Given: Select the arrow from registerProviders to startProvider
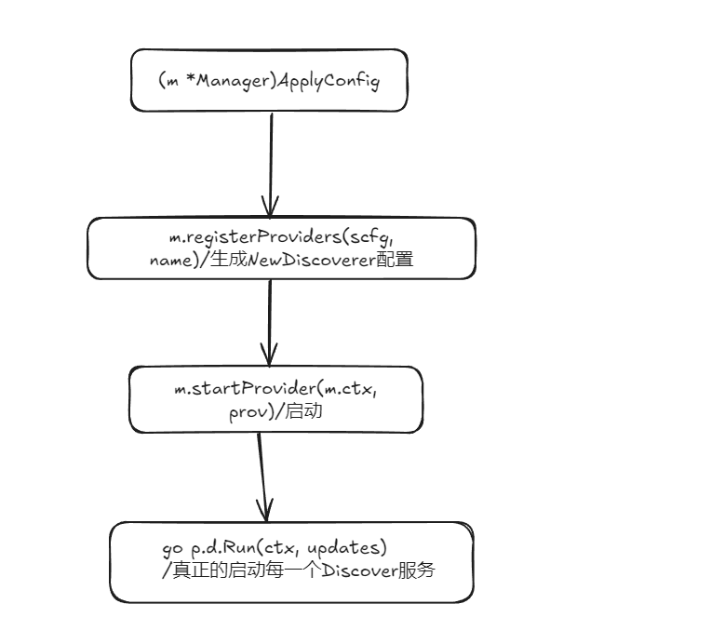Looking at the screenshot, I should tap(270, 322).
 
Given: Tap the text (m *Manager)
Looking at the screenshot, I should tap(215, 81).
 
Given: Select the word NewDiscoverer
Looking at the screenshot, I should tap(320, 262).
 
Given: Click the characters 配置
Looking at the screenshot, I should tap(395, 262).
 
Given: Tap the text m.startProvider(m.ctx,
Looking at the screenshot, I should tap(276, 388).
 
